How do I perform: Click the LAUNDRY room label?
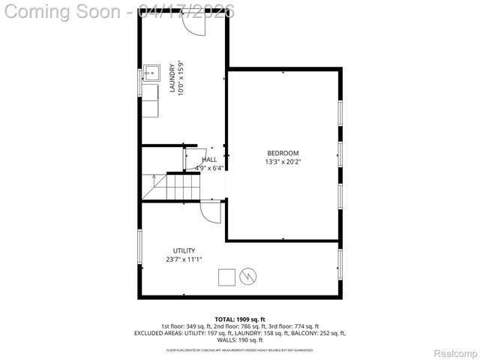coord(172,78)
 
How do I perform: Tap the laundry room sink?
coord(150,73)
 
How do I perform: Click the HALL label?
coord(209,160)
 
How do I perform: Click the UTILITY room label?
coord(184,250)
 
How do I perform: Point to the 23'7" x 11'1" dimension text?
coord(184,259)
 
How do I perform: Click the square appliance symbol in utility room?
coord(226,277)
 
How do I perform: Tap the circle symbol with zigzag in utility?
coord(247,277)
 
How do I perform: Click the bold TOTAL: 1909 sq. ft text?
coord(240,319)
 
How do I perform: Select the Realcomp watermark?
coord(455,352)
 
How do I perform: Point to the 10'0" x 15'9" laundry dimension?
coord(181,78)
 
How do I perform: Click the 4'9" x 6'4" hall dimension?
coord(209,168)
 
